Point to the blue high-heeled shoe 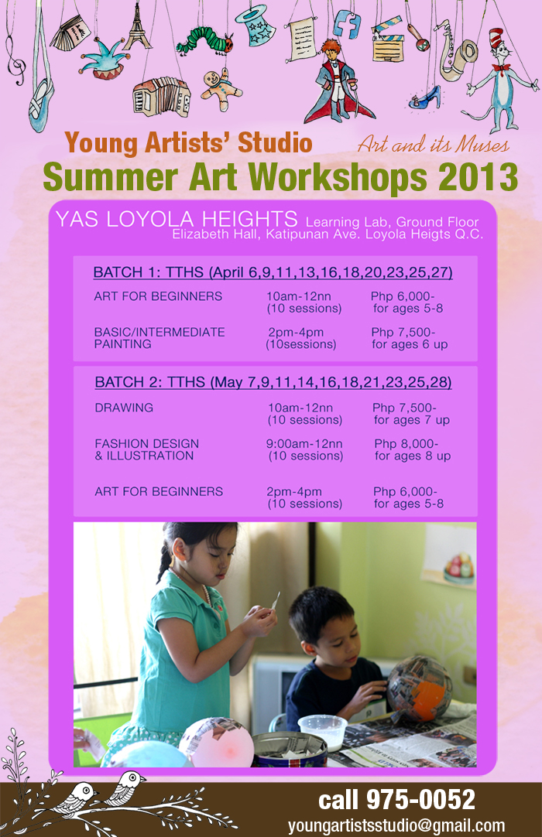pos(425,97)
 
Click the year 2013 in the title pos(478,177)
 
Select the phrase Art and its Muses pos(433,145)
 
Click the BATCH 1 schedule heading pos(273,272)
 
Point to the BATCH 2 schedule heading pos(273,383)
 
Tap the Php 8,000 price pos(406,444)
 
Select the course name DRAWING pos(124,408)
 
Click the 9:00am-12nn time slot pos(304,444)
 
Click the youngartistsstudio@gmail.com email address pos(396,825)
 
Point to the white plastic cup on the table pos(322,729)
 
